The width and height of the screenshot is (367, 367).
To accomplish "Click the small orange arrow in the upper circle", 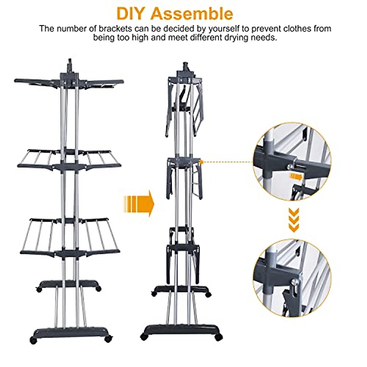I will click(x=296, y=176).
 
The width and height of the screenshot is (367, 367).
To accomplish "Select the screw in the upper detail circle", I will click(x=288, y=166).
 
